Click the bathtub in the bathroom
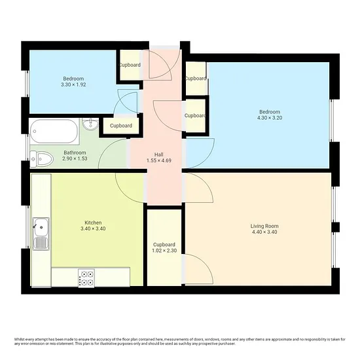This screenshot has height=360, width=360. point(54,132)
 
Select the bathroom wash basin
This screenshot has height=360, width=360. point(90,124)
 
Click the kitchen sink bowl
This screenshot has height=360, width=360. point(41,227)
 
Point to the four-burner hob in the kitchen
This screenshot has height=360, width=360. point(86,278)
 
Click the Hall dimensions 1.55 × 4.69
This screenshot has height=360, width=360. point(159,160)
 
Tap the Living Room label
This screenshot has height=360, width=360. point(264,226)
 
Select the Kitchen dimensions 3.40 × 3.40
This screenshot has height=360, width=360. point(93,228)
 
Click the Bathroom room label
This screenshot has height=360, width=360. point(75,153)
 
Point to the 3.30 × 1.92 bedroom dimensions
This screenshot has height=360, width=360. point(73,84)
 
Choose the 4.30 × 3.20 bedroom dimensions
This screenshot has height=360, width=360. point(270,118)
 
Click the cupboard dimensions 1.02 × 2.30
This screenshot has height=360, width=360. point(164,251)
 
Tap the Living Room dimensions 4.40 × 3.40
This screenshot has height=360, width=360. point(264,232)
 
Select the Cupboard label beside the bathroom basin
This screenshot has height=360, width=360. point(121,126)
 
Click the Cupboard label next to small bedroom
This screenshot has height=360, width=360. point(130,65)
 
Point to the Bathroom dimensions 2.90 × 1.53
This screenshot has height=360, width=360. point(75,158)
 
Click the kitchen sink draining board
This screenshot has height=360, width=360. point(41,243)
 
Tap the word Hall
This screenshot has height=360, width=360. point(159,154)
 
